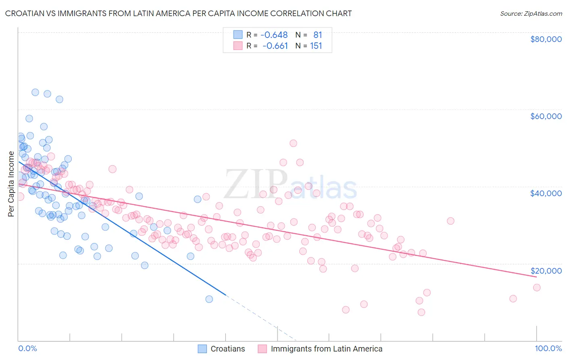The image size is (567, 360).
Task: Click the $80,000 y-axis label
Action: coord(546,39)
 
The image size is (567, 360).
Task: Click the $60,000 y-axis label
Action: coord(546,116)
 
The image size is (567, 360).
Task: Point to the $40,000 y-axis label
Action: coord(546,193)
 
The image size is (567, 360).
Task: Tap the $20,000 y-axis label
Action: coord(546,271)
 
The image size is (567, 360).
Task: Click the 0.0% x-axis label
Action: coord(27,349)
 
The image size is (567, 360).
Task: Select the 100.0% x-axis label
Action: coord(548,349)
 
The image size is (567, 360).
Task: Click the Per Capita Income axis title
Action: coord(11,184)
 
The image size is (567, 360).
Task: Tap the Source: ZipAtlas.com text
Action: coord(531,14)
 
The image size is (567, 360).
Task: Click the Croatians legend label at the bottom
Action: coord(227,349)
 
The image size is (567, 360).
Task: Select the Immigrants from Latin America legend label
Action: coord(326,349)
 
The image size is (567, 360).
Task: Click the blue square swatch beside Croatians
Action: coord(202,349)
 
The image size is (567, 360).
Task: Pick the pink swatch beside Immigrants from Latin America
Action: coord(262,349)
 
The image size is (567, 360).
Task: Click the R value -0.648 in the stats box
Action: coord(274,35)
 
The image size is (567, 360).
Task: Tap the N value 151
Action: coord(316,46)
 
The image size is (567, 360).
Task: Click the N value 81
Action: coord(317,35)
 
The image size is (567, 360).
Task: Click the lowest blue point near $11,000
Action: coord(209,299)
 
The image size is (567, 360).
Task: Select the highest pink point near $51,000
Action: coord(293,143)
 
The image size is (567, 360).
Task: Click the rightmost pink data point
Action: coord(536,287)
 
